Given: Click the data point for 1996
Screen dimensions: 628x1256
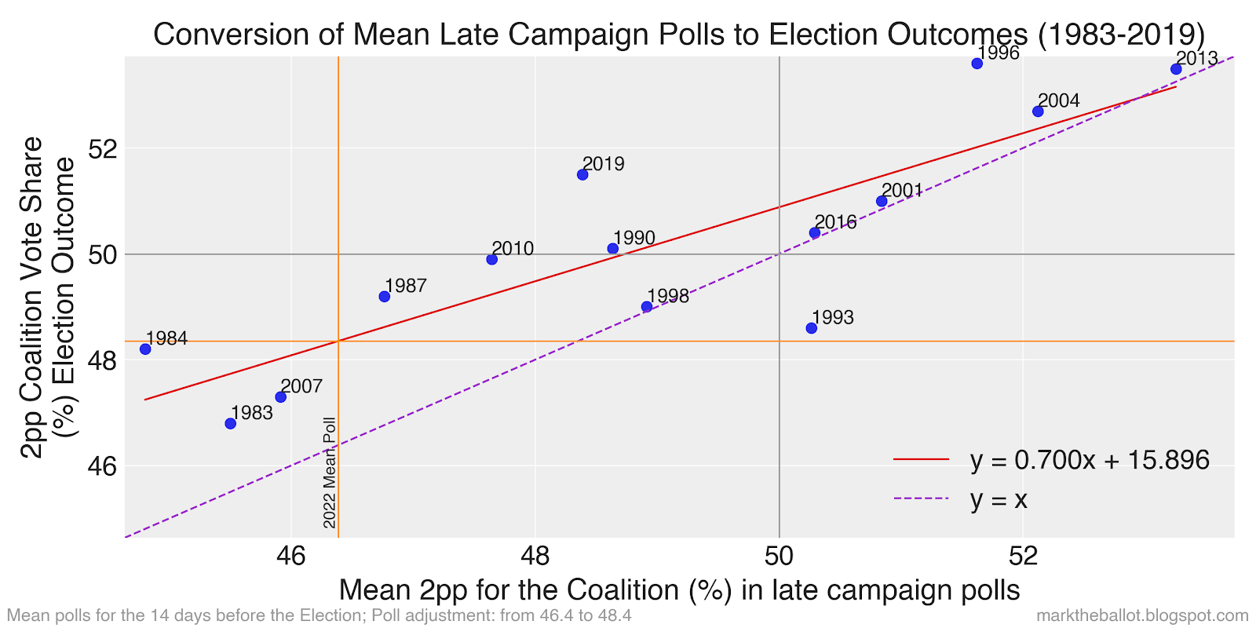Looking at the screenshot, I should pos(977,64).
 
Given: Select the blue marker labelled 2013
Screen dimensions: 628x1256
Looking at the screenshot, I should pos(1176,69).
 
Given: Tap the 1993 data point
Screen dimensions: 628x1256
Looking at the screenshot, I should pos(811,328).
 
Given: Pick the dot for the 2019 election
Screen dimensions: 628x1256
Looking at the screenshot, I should pos(582,174).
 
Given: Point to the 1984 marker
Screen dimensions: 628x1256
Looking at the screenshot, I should pos(145,349).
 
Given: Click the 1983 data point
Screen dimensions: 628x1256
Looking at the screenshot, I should pos(230,423).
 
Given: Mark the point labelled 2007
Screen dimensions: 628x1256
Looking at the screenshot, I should pos(280,397).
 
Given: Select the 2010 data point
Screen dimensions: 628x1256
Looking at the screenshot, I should pos(491,259).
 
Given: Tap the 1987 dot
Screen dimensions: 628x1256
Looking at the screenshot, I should pos(384,297).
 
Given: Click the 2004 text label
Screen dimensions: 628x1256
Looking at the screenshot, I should pos(1058,101).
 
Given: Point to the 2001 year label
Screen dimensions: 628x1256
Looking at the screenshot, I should pos(902,191).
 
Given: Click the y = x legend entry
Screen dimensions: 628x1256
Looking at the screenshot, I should pos(998,500).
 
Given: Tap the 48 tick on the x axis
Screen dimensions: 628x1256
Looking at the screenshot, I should pos(535,556).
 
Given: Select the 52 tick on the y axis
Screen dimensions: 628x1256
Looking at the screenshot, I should pos(103,148).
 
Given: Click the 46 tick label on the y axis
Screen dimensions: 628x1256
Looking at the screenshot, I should pos(103,466).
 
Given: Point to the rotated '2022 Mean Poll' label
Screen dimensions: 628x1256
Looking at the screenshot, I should pos(330,473).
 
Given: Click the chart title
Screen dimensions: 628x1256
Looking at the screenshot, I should pos(679,35).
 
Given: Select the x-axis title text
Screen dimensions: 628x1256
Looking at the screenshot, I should pos(679,590).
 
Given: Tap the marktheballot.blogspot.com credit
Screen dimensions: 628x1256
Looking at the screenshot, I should pos(1142,615).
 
